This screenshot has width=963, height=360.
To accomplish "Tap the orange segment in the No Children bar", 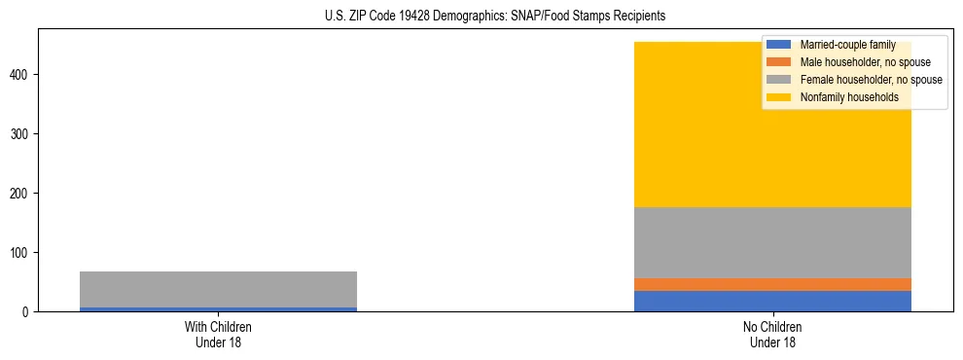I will point(772,284).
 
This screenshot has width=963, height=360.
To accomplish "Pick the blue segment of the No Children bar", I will point(772,301).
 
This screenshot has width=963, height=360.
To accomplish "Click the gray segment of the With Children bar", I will point(218,289).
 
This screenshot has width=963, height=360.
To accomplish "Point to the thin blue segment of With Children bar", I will point(218,309).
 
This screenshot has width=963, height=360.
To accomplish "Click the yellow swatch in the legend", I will point(778,97).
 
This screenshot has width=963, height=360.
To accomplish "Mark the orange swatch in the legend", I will point(778,62).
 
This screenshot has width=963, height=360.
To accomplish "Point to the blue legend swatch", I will point(778,45).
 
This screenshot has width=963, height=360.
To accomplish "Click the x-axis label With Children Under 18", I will point(218,334).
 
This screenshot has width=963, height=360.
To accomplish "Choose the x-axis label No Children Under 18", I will point(772,334).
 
